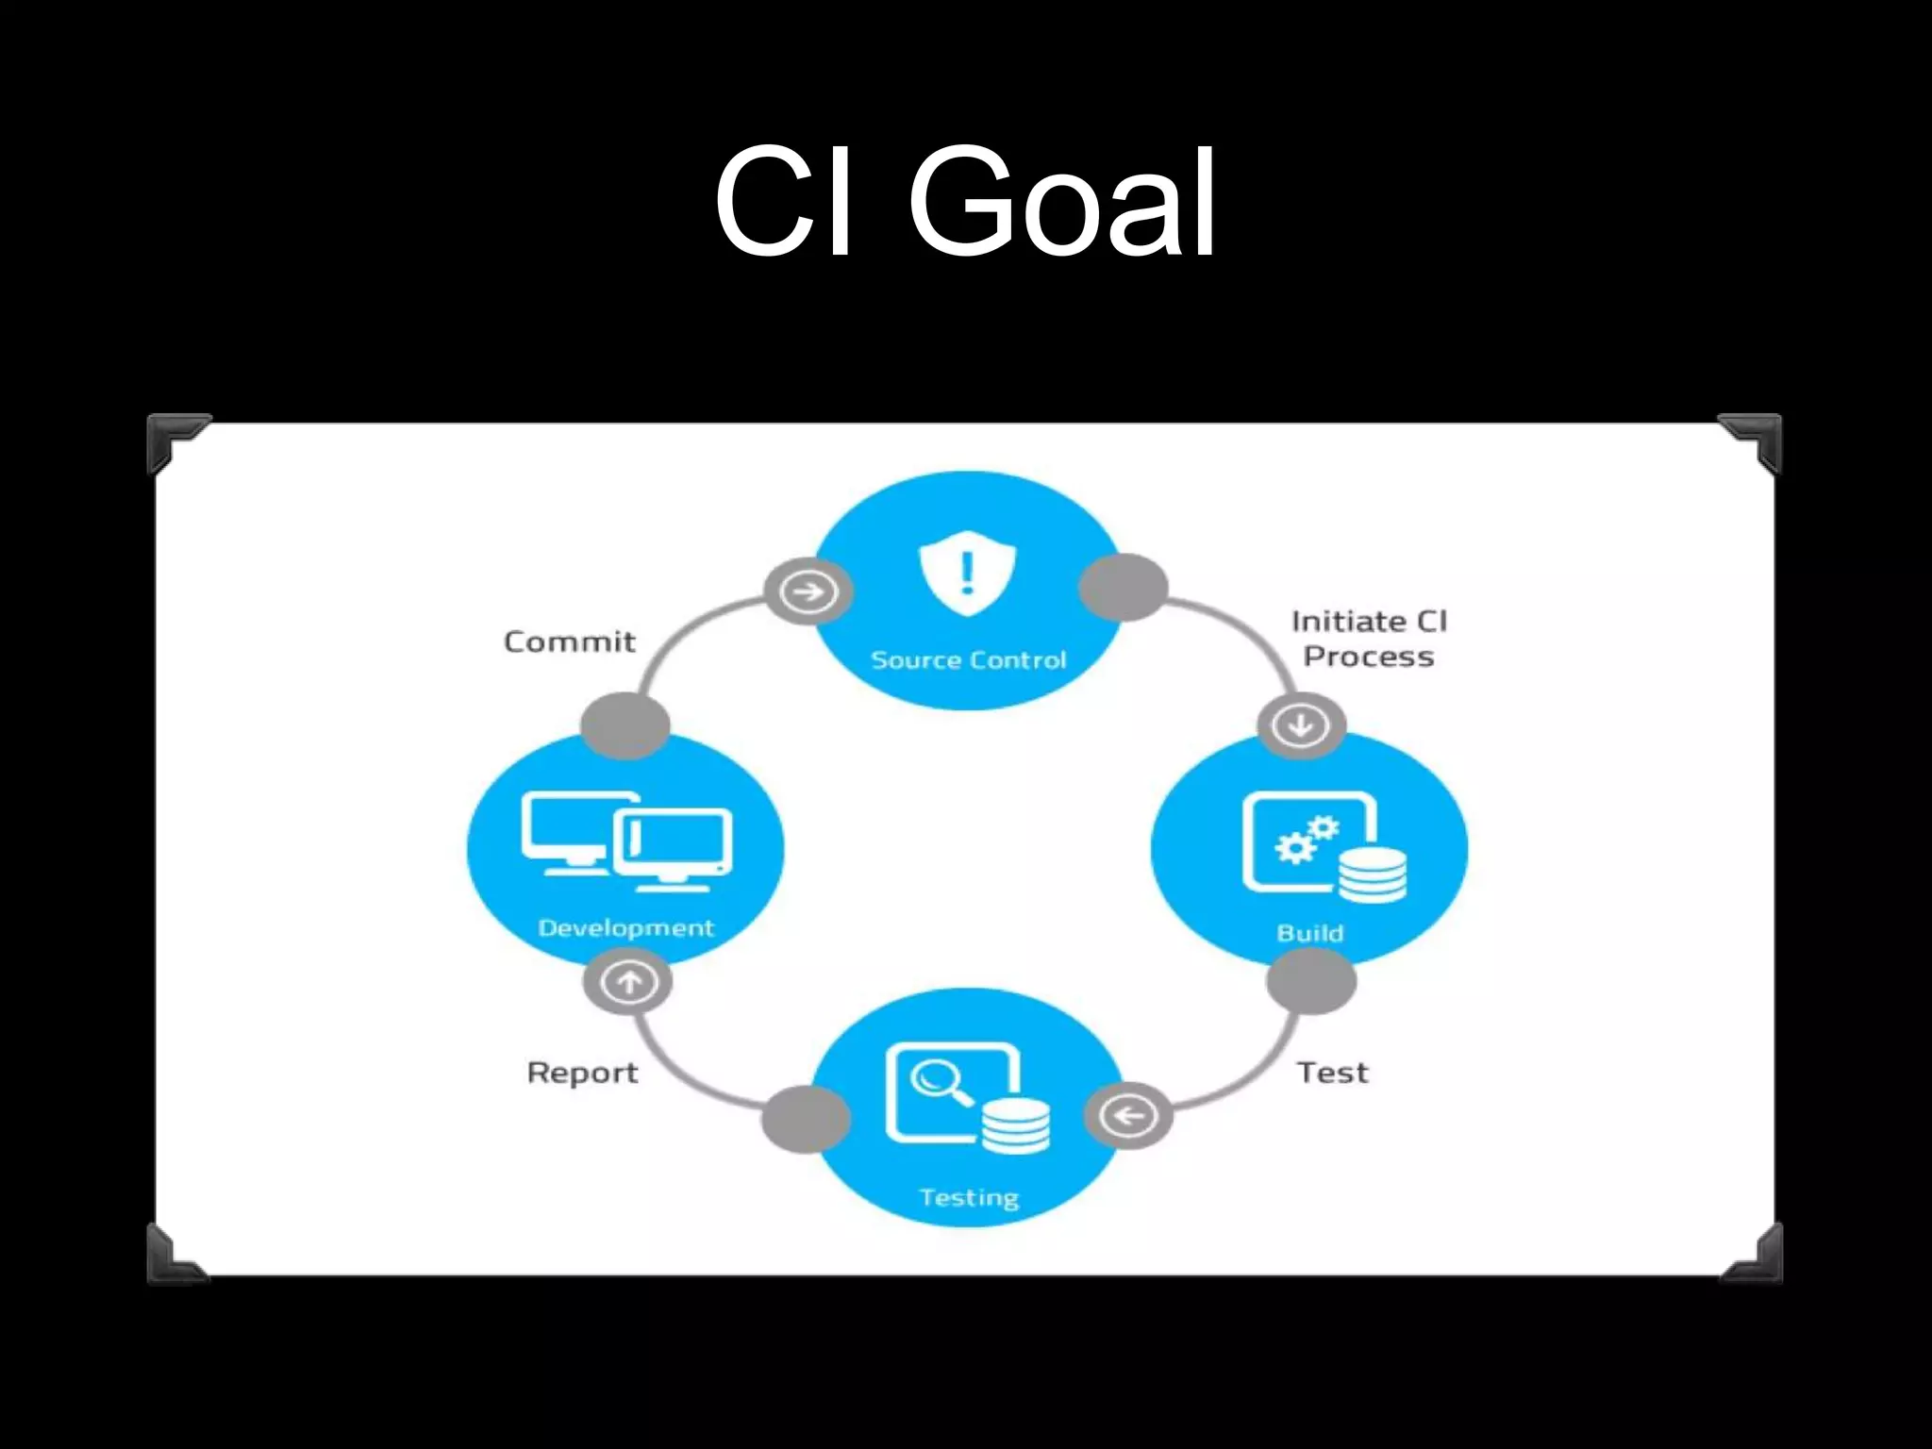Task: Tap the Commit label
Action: click(x=570, y=642)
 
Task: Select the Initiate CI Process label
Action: click(x=1369, y=639)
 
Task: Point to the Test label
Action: click(x=1332, y=1073)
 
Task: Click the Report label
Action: click(x=582, y=1074)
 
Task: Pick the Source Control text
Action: click(x=969, y=660)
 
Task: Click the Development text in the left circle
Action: click(x=625, y=928)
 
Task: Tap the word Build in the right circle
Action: click(x=1309, y=933)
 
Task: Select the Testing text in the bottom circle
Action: click(x=969, y=1198)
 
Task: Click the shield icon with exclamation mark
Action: click(x=967, y=572)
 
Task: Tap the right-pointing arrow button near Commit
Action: click(x=808, y=592)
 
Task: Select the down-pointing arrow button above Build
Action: click(x=1301, y=725)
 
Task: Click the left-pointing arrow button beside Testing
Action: click(x=1128, y=1116)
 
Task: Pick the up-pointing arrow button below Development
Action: click(x=628, y=982)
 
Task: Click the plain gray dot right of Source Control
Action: click(x=1123, y=587)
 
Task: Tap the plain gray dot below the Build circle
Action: click(x=1310, y=981)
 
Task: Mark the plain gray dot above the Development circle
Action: click(x=625, y=724)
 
